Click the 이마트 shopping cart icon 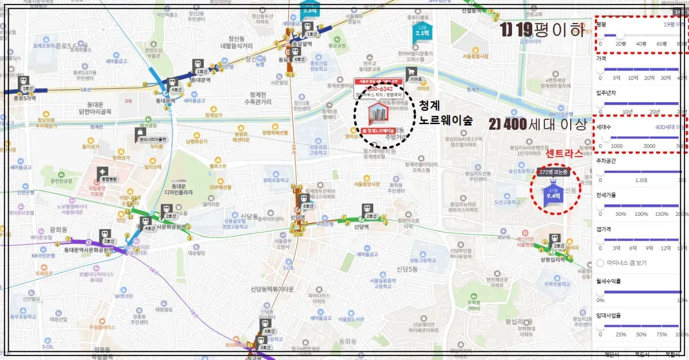412,74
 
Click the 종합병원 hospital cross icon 102,172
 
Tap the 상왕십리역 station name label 552,259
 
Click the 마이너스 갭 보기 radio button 601,263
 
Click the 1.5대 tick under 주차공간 641,180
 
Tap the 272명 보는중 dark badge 554,172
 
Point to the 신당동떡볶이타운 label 272,289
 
